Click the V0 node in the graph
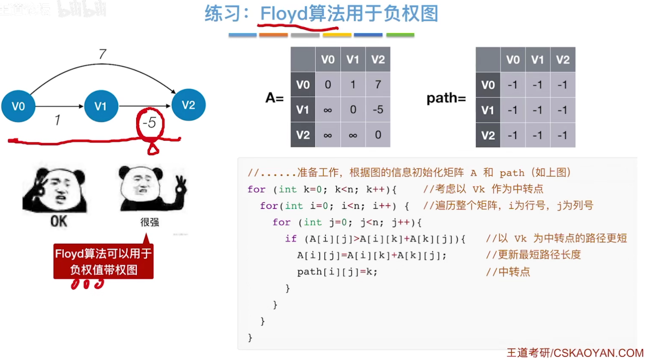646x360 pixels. pos(18,106)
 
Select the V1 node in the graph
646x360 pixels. pos(101,106)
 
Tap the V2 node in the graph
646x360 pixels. pos(188,105)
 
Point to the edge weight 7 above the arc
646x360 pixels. pos(102,54)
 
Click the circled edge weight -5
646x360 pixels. pos(150,123)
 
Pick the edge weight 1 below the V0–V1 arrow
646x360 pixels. pos(57,120)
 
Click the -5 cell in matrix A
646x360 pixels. pos(378,110)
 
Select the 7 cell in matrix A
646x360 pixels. pos(378,85)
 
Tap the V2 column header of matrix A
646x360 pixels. pos(378,60)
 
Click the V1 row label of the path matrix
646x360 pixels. pos(488,110)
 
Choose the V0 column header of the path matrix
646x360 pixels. pos(513,60)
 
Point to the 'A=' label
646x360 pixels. pos(274,98)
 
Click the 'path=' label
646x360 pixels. pos(446,98)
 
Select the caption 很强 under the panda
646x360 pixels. pos(150,222)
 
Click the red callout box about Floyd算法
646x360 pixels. pos(103,261)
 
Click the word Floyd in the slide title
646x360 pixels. pos(284,14)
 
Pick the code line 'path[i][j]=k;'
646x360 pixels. pos(337,272)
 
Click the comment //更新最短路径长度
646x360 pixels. pos(533,255)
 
